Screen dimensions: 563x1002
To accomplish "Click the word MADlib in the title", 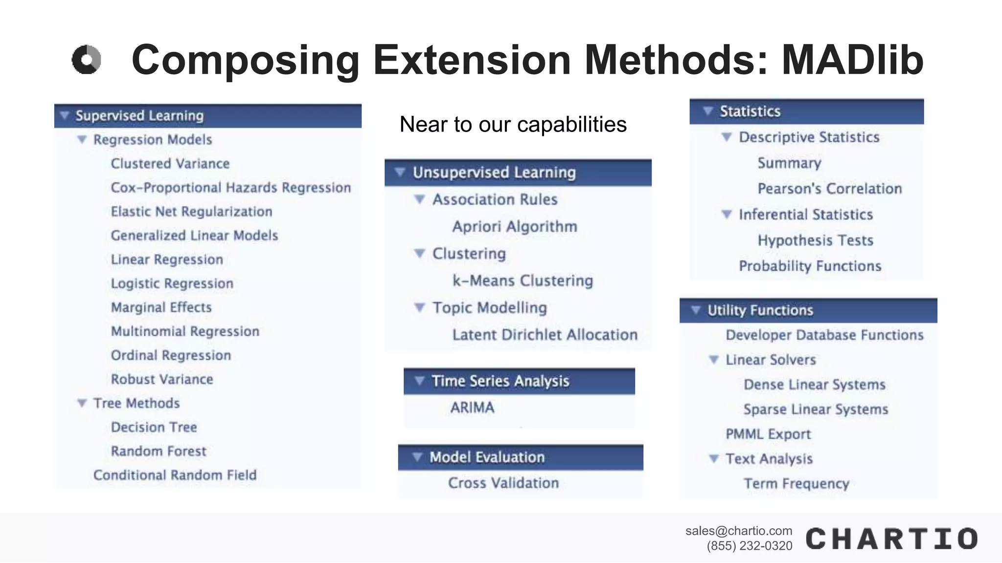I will [x=852, y=60].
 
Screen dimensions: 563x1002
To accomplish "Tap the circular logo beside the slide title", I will [x=87, y=60].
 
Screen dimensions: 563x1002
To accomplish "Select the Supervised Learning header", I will [x=139, y=116].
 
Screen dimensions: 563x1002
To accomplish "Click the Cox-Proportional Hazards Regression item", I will [x=230, y=188].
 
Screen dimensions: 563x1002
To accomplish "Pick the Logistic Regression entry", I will [x=172, y=283].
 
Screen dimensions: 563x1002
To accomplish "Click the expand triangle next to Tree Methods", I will [x=82, y=403].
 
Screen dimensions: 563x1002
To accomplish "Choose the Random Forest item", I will [x=159, y=451].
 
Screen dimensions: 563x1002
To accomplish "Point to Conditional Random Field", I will [x=175, y=475].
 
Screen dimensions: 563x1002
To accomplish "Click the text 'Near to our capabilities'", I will [x=513, y=125].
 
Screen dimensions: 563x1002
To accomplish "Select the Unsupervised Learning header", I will [x=494, y=173].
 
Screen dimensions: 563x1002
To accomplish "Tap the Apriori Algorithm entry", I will [x=514, y=227].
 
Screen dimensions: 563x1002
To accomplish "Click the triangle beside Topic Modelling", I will [x=419, y=307].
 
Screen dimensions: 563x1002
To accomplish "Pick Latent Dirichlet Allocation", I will [x=545, y=335].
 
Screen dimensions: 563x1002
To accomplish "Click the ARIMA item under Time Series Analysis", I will [x=472, y=408].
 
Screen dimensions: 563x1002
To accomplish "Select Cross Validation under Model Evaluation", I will [x=503, y=483].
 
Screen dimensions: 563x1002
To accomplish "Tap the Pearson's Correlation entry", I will [x=829, y=189].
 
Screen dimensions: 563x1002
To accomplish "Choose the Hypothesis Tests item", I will [x=815, y=240].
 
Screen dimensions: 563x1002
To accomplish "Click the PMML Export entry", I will [x=768, y=434].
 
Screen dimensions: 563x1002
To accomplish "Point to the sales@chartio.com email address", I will [x=738, y=531].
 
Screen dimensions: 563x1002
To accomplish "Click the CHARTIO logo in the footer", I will [x=891, y=539].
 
